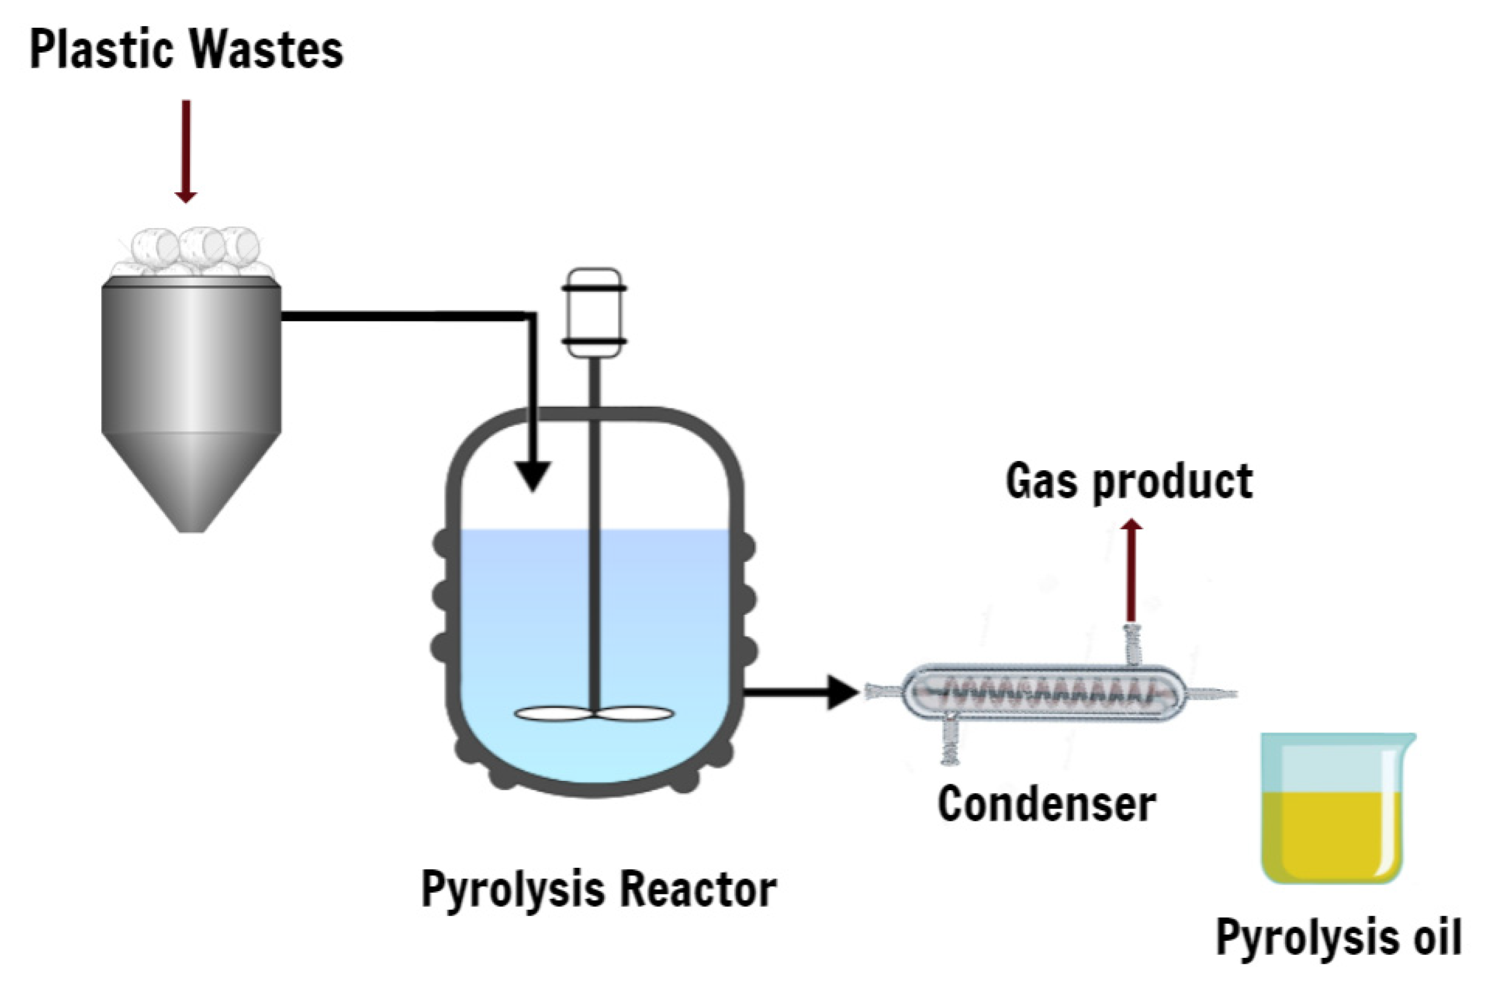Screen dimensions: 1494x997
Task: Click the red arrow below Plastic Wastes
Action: coord(186,152)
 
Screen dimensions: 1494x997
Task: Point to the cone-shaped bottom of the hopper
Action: coord(191,482)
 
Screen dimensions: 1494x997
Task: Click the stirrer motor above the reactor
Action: coord(595,313)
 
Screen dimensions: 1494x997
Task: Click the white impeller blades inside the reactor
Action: coord(594,714)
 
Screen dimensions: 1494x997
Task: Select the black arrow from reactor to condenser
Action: coord(802,692)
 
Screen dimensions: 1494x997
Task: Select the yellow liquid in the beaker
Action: coord(1332,836)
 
